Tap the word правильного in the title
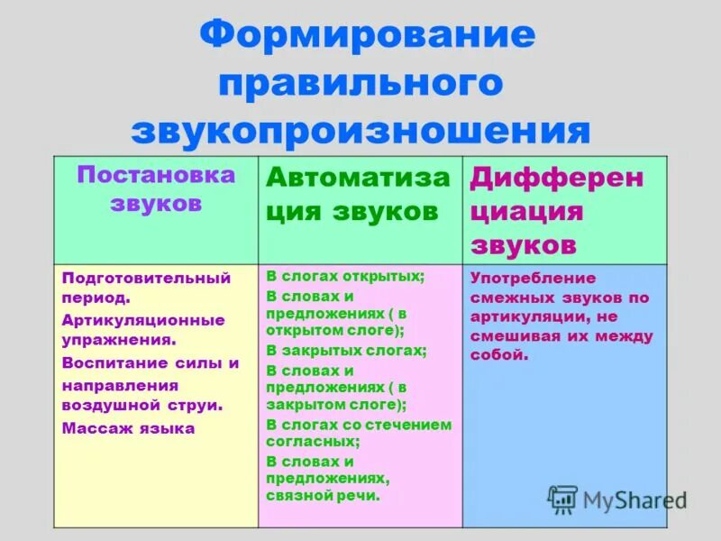click(x=360, y=85)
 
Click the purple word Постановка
click(x=156, y=175)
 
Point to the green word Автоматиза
click(x=358, y=178)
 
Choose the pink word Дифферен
click(x=557, y=178)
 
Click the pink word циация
click(x=526, y=212)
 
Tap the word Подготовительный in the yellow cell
click(x=147, y=278)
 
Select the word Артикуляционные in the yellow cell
click(x=143, y=320)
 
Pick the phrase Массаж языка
click(x=128, y=428)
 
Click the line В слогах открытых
click(x=344, y=277)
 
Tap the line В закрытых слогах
click(x=346, y=350)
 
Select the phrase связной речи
click(x=324, y=495)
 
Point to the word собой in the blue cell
click(x=497, y=354)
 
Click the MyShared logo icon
click(x=563, y=499)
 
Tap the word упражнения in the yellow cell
click(x=116, y=341)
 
